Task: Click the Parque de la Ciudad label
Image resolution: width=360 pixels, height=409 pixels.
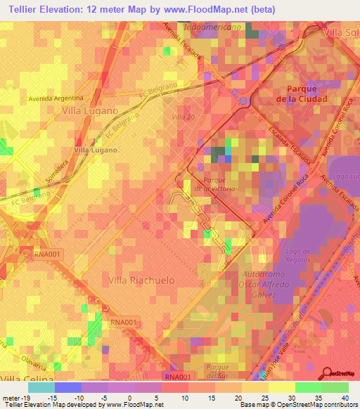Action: click(x=303, y=94)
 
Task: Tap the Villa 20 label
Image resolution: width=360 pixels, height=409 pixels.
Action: click(x=183, y=117)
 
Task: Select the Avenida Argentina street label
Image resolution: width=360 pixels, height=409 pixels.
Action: click(x=56, y=98)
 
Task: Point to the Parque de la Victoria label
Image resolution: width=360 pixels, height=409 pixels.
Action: click(x=217, y=184)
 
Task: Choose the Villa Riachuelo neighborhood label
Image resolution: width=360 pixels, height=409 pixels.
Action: click(x=141, y=280)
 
